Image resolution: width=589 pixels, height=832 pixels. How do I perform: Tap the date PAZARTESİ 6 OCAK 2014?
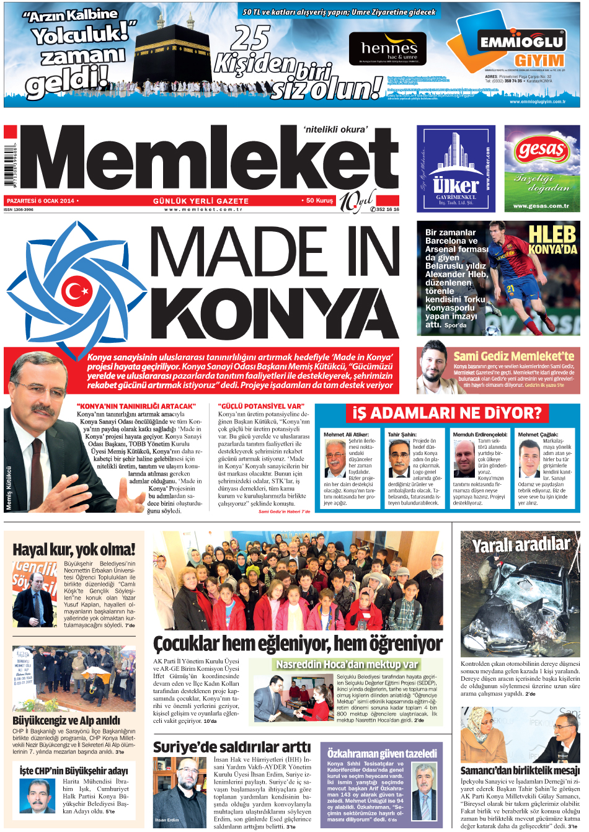tap(40, 201)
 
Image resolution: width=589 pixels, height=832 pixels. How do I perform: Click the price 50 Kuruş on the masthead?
tap(319, 201)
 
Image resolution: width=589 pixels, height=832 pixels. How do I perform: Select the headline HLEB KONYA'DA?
tap(552, 240)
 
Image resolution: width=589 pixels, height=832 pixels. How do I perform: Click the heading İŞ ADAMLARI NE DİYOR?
tap(447, 413)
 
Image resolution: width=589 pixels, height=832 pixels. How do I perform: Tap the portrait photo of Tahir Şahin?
tap(399, 459)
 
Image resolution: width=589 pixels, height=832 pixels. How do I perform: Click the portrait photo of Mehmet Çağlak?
tap(529, 459)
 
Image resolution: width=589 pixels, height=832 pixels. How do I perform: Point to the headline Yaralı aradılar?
tap(520, 545)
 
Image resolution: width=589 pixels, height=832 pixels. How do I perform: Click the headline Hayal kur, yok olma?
tap(74, 549)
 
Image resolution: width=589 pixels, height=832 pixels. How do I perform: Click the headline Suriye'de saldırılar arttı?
tap(232, 747)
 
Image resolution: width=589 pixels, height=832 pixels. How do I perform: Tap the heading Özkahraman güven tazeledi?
tap(382, 753)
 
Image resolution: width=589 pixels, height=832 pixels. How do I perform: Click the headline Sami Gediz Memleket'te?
tap(514, 356)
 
